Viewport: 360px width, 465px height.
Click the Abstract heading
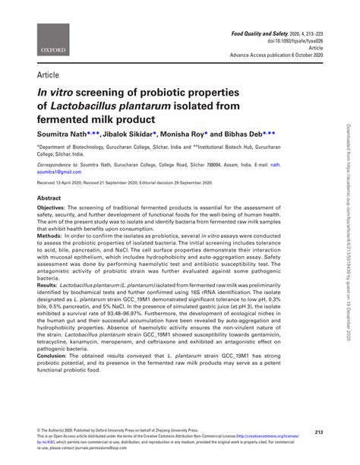click(x=49, y=197)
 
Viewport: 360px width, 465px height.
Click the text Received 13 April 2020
click(x=63, y=183)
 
